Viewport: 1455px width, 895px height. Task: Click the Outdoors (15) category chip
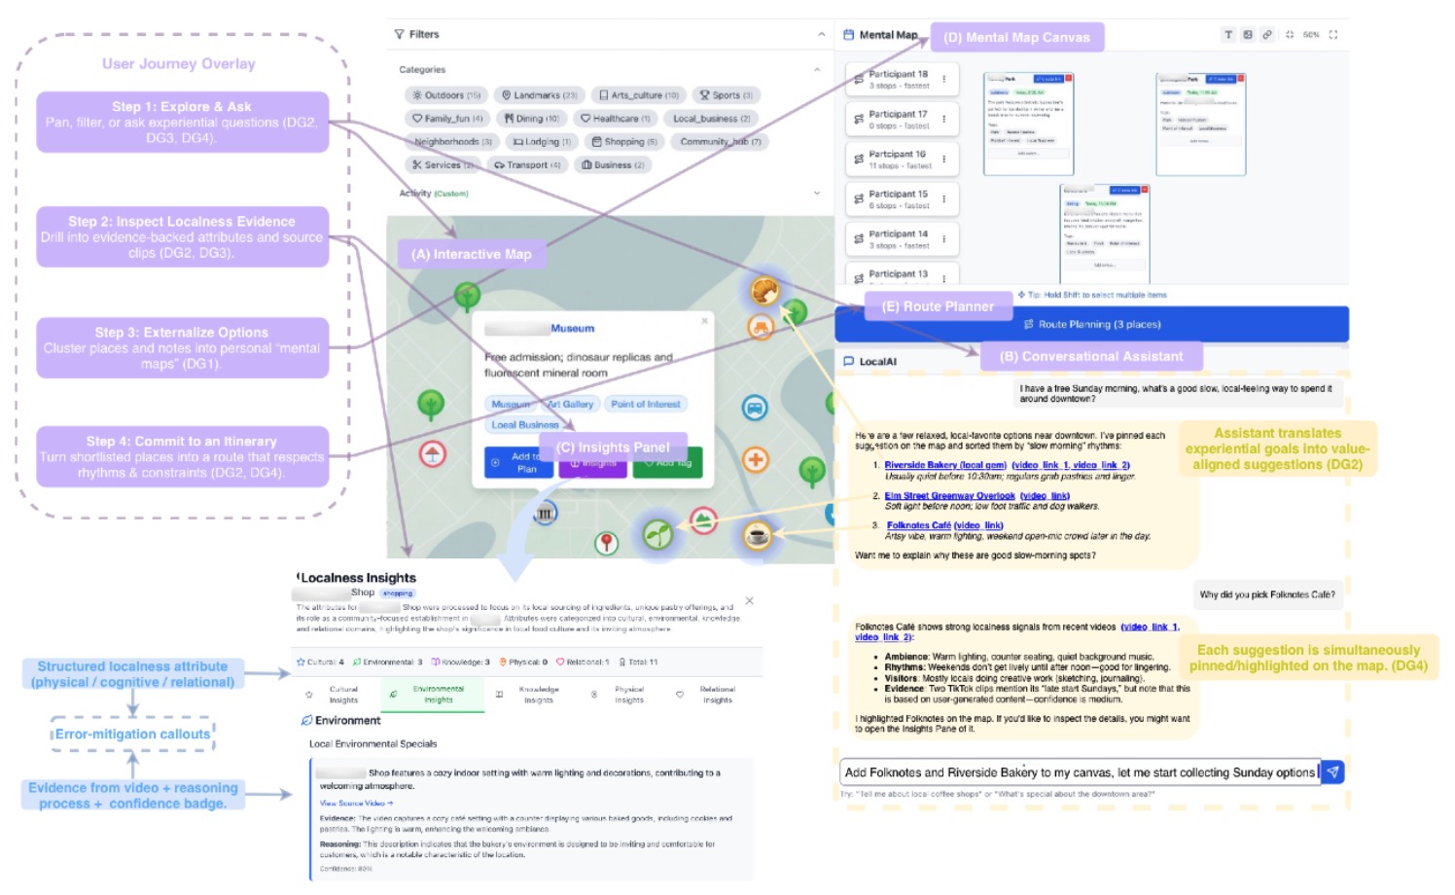pos(446,95)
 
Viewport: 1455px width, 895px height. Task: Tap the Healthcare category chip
pos(615,119)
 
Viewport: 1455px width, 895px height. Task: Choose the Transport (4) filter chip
pos(527,165)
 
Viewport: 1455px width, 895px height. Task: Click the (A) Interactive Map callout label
pos(472,255)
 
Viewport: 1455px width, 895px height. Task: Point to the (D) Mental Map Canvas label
pos(1016,38)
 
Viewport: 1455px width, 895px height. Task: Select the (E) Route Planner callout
pos(938,306)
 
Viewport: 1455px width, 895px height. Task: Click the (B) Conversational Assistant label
pos(1090,357)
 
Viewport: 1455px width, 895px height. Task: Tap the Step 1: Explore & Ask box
pos(182,122)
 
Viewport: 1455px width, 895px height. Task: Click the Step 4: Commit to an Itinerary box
pos(182,456)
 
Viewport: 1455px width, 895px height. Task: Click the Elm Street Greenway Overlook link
pos(949,496)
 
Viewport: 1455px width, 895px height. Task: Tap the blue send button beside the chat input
pos(1332,772)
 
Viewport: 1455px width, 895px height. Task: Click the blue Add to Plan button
pos(518,462)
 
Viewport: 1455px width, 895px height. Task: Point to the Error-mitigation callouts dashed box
pos(132,734)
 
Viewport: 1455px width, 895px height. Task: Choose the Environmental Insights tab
pos(438,695)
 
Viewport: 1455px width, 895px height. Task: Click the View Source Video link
pos(356,804)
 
